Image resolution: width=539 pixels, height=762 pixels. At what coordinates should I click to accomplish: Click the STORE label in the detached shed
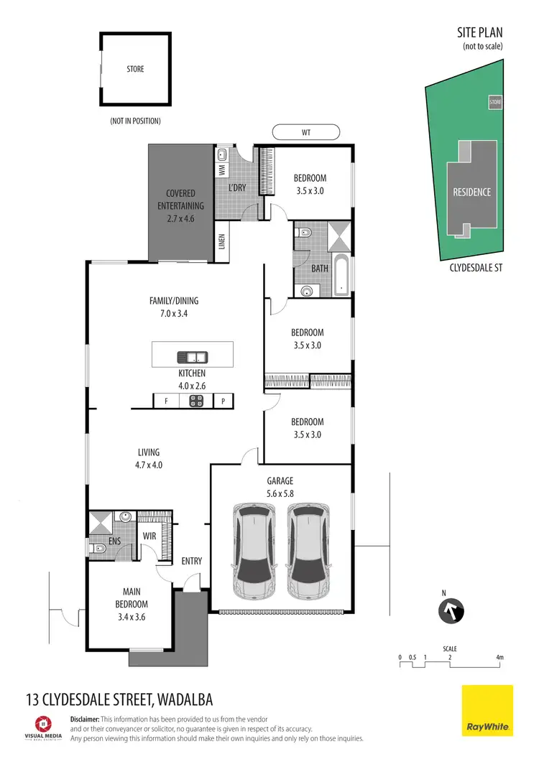click(x=135, y=69)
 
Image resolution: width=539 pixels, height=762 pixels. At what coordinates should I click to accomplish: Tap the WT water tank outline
click(x=306, y=133)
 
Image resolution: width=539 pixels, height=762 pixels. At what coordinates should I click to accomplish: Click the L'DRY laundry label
click(x=237, y=187)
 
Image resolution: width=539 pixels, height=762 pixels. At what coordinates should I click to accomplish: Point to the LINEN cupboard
click(x=222, y=243)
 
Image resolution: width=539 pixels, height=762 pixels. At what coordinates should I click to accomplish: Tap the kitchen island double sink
click(x=192, y=357)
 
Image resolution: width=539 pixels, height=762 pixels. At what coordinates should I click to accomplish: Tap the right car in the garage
click(x=310, y=551)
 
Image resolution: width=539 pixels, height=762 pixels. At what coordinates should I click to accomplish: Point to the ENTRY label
click(x=191, y=561)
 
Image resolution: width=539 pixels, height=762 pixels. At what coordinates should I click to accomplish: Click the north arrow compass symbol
click(x=451, y=612)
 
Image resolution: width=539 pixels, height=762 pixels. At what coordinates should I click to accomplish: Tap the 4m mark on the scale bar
click(x=499, y=658)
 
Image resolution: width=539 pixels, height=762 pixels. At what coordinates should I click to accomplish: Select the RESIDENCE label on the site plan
click(x=471, y=192)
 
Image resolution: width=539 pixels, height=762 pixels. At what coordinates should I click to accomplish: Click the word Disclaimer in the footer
click(x=84, y=719)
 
